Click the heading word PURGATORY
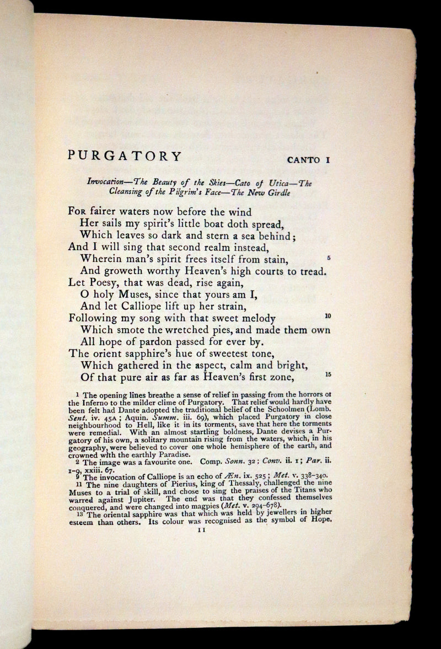[125, 156]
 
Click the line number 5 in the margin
[328, 258]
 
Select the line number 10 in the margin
[327, 316]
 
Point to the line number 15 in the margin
[327, 375]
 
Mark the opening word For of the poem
[77, 212]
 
